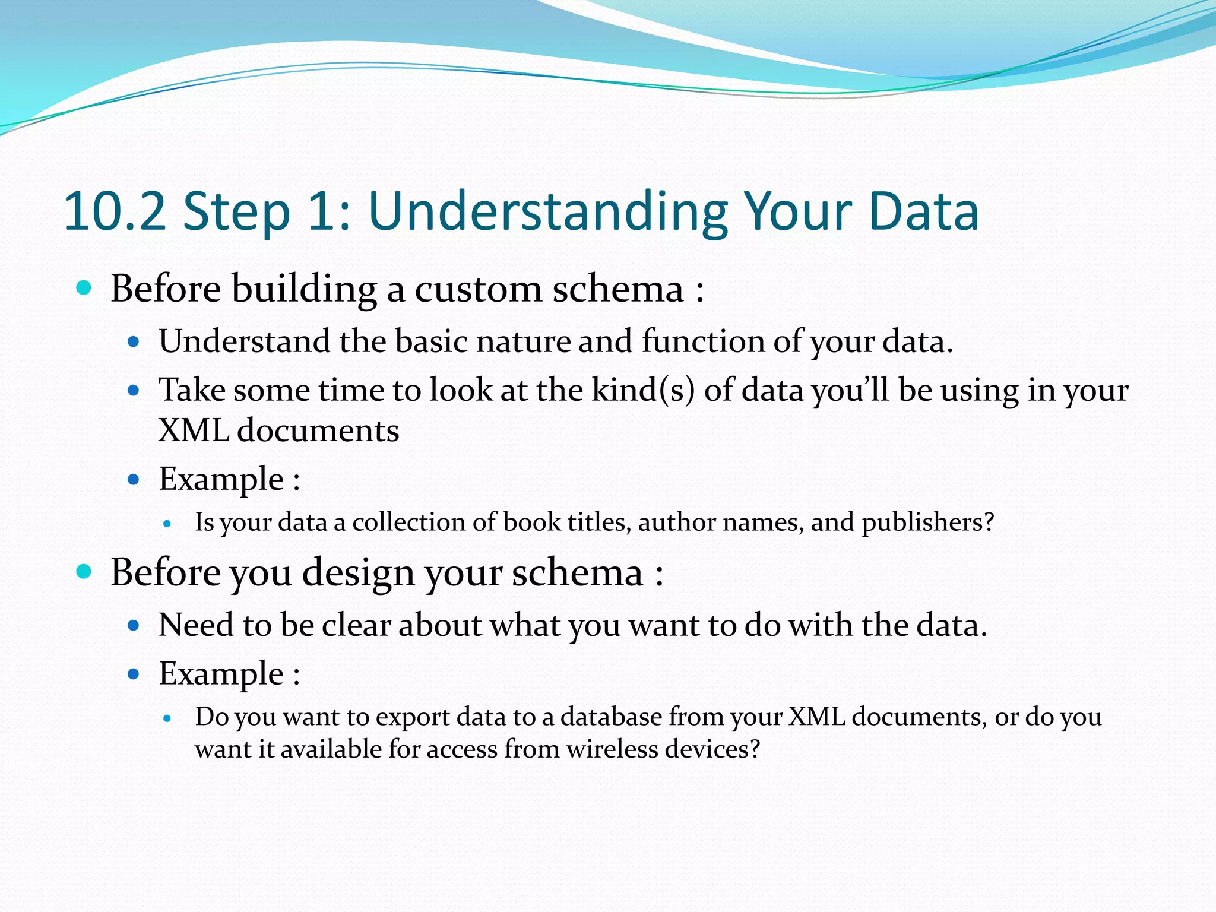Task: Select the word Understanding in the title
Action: click(x=547, y=212)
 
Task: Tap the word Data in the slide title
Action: click(x=923, y=212)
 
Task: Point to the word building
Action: click(x=304, y=290)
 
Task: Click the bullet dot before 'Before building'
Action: click(x=84, y=289)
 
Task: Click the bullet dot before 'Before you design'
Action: click(x=84, y=572)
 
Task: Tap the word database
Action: click(x=611, y=717)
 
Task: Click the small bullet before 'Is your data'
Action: click(x=167, y=524)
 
